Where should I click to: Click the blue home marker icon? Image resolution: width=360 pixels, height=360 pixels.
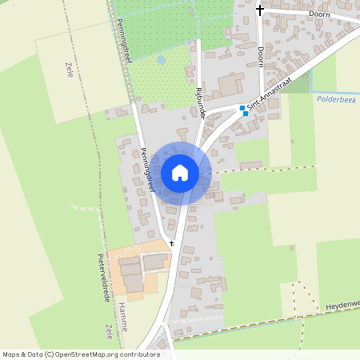(180, 173)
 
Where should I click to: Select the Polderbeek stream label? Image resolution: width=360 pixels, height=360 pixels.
(337, 99)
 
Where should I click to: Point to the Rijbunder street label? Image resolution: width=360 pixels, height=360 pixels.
(200, 103)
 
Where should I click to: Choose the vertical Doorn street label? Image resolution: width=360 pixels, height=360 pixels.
(262, 56)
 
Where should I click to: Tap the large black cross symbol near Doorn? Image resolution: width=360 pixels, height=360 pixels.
(259, 10)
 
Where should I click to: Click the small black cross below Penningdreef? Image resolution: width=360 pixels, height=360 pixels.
(171, 242)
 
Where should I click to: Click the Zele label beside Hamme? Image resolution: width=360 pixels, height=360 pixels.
(108, 331)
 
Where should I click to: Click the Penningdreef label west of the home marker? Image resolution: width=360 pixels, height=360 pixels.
(146, 170)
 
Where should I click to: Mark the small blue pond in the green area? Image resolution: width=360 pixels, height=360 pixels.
(161, 59)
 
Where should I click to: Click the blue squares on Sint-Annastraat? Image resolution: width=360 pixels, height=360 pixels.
(243, 110)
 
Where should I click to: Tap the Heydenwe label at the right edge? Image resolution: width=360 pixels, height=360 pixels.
(343, 304)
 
